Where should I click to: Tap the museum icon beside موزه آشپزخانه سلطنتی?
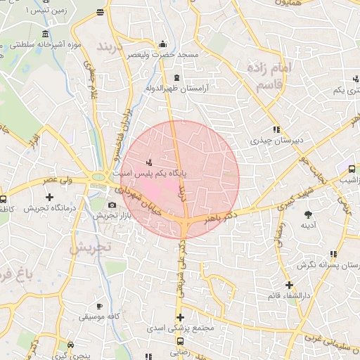(45, 34)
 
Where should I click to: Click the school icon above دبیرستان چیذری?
(277, 129)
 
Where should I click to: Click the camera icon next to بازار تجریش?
(112, 205)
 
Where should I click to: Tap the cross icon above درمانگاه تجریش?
(49, 197)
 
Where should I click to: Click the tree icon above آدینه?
(308, 213)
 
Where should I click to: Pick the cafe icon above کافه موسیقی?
(99, 306)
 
